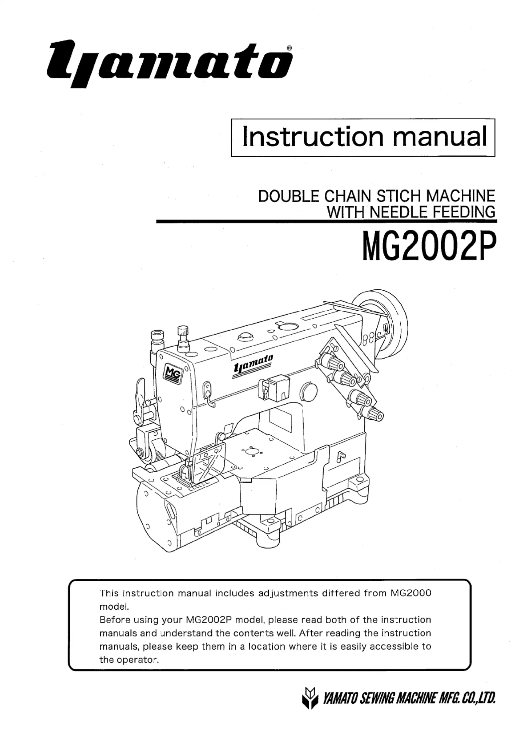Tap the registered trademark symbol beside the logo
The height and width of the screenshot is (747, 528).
click(x=289, y=48)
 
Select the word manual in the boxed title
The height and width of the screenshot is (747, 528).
click(x=440, y=137)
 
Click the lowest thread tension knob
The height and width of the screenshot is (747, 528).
click(x=375, y=414)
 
